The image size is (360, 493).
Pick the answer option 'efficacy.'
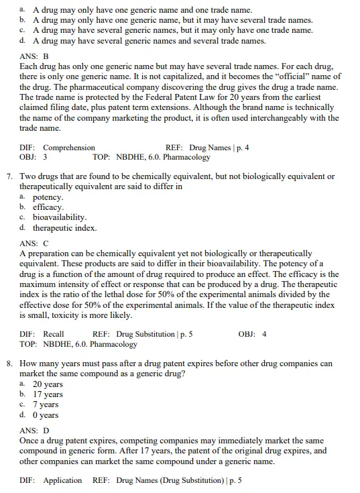(x=48, y=207)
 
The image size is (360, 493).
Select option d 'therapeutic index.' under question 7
(x=64, y=227)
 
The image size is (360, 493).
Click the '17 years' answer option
(x=48, y=394)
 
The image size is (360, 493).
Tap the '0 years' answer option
(x=46, y=415)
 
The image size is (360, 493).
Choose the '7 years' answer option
(x=46, y=404)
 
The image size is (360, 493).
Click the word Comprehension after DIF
(x=69, y=148)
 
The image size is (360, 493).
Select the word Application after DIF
(x=62, y=480)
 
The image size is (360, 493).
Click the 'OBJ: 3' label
(x=33, y=157)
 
